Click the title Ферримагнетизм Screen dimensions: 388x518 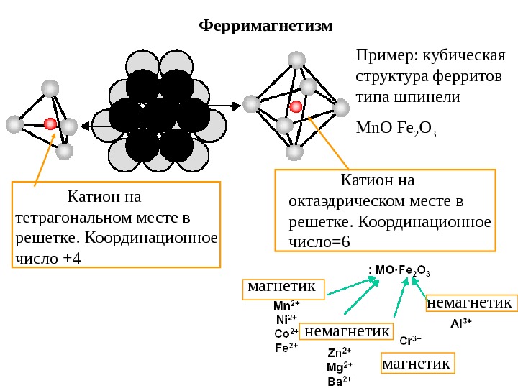click(265, 27)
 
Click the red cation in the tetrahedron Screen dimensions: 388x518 click(50, 124)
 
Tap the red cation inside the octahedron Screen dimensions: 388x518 click(295, 107)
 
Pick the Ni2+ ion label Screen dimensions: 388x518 click(286, 318)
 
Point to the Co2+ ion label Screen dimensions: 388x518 click(286, 333)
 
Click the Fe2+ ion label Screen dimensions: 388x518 click(286, 347)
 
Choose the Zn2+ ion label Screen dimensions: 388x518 click(339, 353)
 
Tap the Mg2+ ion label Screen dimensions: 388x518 click(339, 367)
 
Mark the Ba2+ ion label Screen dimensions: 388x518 click(339, 381)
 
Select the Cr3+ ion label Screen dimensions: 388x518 click(410, 340)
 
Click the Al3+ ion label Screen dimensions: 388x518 click(461, 323)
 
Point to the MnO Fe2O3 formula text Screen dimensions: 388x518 click(396, 131)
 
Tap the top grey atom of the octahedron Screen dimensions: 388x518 click(296, 59)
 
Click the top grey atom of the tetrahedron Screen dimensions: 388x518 click(50, 88)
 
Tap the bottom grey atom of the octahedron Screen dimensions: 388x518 click(294, 152)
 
